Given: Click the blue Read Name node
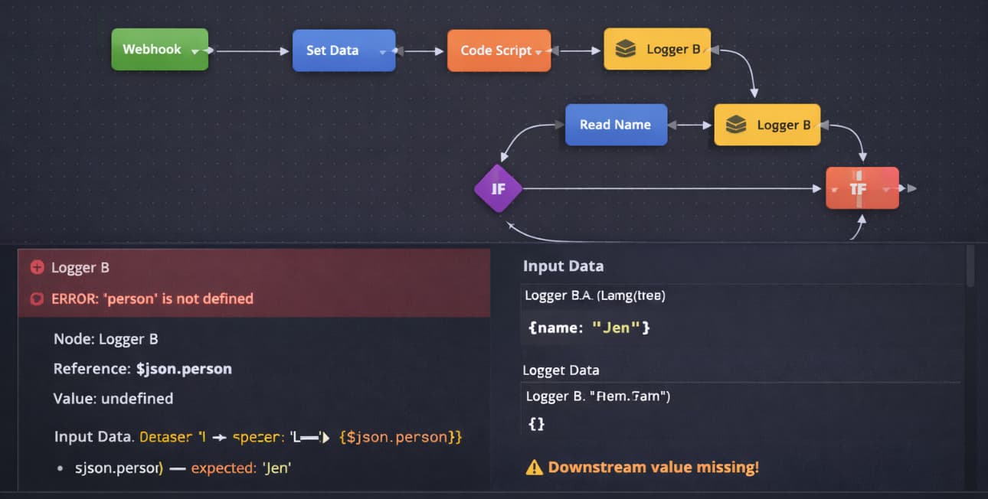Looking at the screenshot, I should [616, 125].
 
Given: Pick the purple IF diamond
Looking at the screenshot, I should [498, 188].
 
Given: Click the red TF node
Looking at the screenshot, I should [862, 188].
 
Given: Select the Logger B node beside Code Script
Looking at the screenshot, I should [656, 50].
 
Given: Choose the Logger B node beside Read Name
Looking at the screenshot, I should [767, 125].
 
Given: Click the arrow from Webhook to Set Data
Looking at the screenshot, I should [249, 51].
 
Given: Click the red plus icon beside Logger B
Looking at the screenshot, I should [37, 267].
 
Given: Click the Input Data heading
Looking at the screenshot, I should [563, 266].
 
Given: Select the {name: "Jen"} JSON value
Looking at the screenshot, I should [589, 328].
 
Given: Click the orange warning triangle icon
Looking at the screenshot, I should [534, 467].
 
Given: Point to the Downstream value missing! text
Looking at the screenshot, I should [653, 467].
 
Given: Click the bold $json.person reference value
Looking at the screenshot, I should [184, 369].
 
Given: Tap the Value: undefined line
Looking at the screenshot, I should [113, 399].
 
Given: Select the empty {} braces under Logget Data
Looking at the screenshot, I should [536, 423].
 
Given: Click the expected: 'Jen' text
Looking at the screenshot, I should [240, 467].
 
